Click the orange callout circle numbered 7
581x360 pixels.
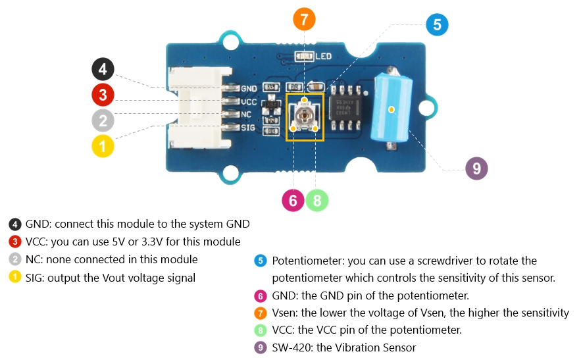pyautogui.click(x=304, y=20)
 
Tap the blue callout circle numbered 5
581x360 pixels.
pyautogui.click(x=437, y=25)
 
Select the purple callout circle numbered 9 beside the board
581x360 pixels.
pyautogui.click(x=476, y=168)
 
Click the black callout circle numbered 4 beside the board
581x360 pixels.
pyautogui.click(x=103, y=68)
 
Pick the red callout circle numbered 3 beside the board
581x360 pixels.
pyautogui.click(x=103, y=95)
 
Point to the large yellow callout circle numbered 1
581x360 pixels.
pyautogui.click(x=103, y=145)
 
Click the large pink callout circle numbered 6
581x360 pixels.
pyautogui.click(x=293, y=200)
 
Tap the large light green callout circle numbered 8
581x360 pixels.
pyautogui.click(x=317, y=200)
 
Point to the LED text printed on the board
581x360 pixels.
pyautogui.click(x=324, y=57)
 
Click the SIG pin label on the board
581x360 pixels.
pyautogui.click(x=249, y=128)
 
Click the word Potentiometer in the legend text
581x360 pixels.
pyautogui.click(x=305, y=261)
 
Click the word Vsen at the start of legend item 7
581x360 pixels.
pyautogui.click(x=284, y=313)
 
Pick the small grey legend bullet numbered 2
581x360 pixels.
pyautogui.click(x=15, y=259)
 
